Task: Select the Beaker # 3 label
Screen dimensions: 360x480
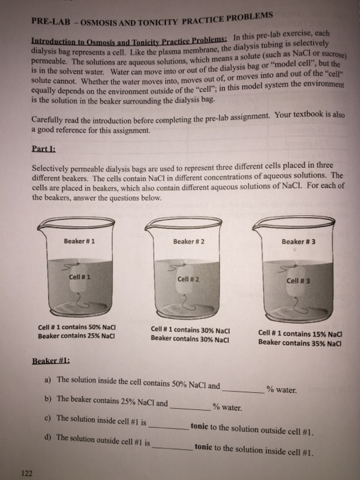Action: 298,242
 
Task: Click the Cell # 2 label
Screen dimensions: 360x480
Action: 187,279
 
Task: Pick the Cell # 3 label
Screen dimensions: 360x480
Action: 298,280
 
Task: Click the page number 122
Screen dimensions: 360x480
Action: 26,472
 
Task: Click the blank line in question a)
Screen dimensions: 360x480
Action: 243,389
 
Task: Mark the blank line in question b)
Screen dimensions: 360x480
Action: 190,407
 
